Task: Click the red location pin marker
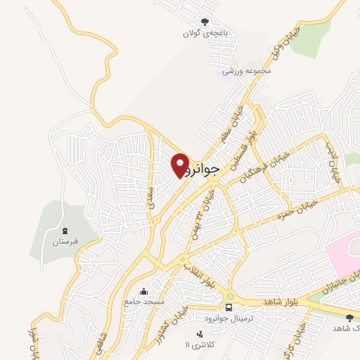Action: click(x=181, y=165)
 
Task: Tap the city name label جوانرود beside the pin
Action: click(x=205, y=169)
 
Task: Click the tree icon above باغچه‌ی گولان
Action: click(x=205, y=22)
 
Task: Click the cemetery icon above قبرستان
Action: click(x=65, y=231)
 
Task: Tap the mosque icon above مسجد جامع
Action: click(x=144, y=292)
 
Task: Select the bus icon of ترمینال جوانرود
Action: click(x=229, y=307)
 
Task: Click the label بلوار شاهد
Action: click(x=281, y=301)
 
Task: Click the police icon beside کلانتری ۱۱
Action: click(x=199, y=333)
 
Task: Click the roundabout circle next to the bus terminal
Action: click(x=231, y=295)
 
